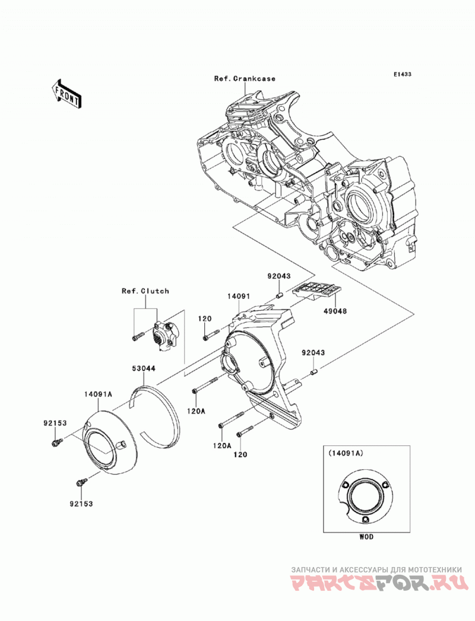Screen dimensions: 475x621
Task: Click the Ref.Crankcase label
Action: pyautogui.click(x=245, y=78)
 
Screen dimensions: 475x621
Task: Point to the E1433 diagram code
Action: pyautogui.click(x=402, y=74)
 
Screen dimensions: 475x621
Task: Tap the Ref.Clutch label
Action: pyautogui.click(x=145, y=291)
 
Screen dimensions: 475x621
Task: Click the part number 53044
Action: pyautogui.click(x=144, y=368)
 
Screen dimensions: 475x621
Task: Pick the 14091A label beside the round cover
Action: pyautogui.click(x=98, y=394)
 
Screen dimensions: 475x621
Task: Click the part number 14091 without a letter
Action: pyautogui.click(x=238, y=295)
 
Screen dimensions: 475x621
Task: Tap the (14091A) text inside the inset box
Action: pyautogui.click(x=346, y=453)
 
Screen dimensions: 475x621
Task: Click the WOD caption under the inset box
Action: pyautogui.click(x=366, y=537)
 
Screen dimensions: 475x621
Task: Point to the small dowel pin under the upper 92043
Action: pyautogui.click(x=279, y=295)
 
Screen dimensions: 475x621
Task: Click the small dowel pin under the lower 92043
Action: pyautogui.click(x=313, y=372)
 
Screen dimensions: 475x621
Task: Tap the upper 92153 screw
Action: pyautogui.click(x=56, y=442)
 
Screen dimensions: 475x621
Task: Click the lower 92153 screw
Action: pyautogui.click(x=81, y=482)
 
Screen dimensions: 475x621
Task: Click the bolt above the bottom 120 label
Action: pyautogui.click(x=245, y=431)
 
